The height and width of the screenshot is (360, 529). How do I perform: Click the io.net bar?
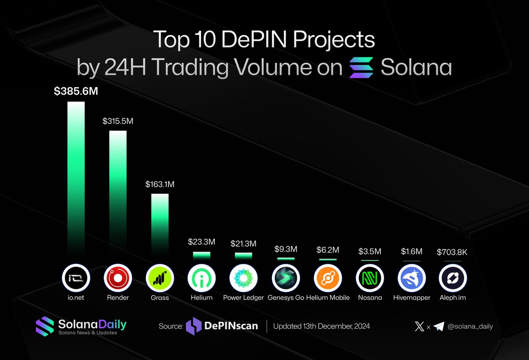(76, 176)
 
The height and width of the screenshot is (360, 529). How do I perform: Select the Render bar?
(118, 189)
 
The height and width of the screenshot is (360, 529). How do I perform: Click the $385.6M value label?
(76, 92)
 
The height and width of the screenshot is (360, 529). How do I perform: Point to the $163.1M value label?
(160, 184)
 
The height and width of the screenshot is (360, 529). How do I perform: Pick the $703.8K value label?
(453, 252)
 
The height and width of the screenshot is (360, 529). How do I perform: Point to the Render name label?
(118, 298)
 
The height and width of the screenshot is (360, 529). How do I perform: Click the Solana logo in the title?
(361, 67)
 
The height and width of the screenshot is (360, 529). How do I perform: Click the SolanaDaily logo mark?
(45, 326)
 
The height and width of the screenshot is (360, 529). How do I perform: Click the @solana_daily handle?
(471, 327)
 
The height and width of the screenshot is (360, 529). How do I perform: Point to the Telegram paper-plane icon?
(439, 327)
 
